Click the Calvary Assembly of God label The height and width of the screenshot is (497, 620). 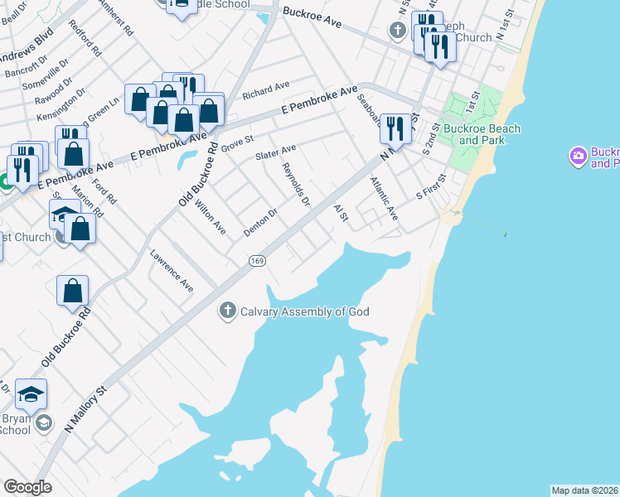pyautogui.click(x=304, y=312)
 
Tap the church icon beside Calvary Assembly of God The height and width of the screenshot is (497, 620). pyautogui.click(x=227, y=311)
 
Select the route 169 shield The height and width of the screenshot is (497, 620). pyautogui.click(x=257, y=261)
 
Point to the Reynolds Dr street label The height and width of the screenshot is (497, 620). pyautogui.click(x=296, y=184)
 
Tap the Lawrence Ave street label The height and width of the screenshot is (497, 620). pyautogui.click(x=172, y=271)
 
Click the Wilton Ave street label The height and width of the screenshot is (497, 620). pyautogui.click(x=209, y=214)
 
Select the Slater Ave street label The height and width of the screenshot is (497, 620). pyautogui.click(x=276, y=153)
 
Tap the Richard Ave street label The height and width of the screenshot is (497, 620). pyautogui.click(x=265, y=89)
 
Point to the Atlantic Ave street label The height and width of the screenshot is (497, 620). pyautogui.click(x=384, y=199)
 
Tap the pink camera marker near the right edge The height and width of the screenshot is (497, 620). pyautogui.click(x=578, y=155)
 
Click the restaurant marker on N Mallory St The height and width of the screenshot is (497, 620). pyautogui.click(x=395, y=129)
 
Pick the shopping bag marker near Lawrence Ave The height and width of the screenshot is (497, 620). pyautogui.click(x=73, y=291)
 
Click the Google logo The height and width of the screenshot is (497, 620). pyautogui.click(x=27, y=487)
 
